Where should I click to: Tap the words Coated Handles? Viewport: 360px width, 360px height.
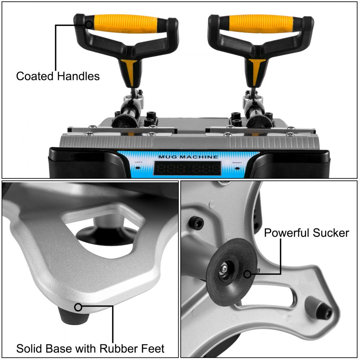[58, 76]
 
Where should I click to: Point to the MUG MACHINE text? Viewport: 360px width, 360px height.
[188, 157]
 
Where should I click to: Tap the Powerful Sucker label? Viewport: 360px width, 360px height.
[306, 233]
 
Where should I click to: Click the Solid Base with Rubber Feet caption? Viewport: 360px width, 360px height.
[90, 348]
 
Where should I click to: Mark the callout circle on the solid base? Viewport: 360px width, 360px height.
[78, 307]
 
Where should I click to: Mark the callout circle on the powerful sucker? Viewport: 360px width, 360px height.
[247, 274]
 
